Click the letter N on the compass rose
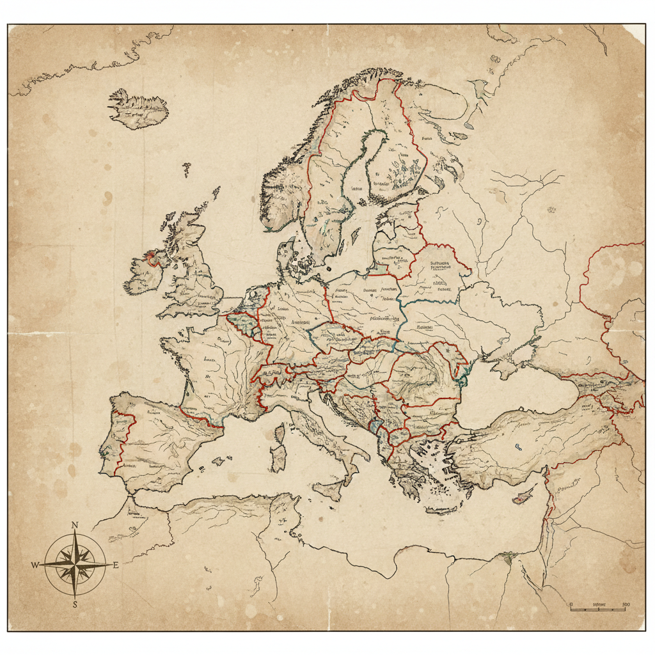click(x=74, y=525)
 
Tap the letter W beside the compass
click(x=35, y=564)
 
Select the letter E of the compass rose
click(x=115, y=565)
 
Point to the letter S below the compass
click(x=75, y=604)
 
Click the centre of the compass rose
click(x=75, y=564)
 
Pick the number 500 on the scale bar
click(x=625, y=604)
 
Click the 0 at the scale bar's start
click(x=570, y=604)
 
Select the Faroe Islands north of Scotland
click(x=186, y=169)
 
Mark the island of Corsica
click(x=280, y=432)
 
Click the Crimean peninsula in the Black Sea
click(x=505, y=370)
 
